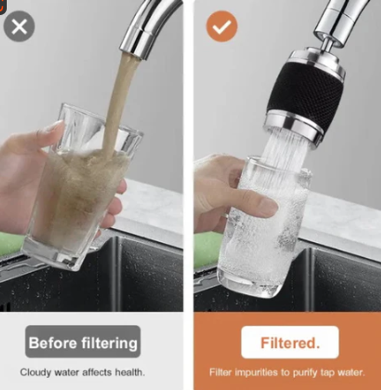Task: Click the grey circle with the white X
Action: tap(19, 26)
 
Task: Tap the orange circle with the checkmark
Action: tap(222, 26)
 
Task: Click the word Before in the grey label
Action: tap(53, 343)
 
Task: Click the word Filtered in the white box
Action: tap(288, 343)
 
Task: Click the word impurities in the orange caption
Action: tap(256, 372)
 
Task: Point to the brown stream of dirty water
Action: tap(117, 104)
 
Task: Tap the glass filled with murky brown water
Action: tap(80, 189)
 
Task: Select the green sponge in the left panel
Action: tap(11, 245)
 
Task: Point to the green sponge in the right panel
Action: tap(208, 249)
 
